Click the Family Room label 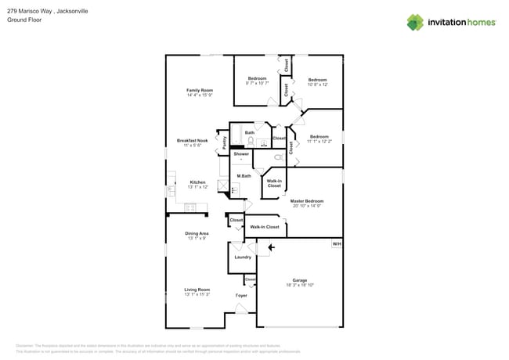pos(200,90)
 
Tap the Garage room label pos(300,280)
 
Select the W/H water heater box pos(336,244)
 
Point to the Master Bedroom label pos(306,201)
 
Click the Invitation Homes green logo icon pos(415,22)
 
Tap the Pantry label pos(225,142)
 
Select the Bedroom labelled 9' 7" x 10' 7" pos(258,78)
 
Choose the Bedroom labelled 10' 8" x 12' pos(317,80)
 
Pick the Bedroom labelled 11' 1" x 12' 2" pos(318,137)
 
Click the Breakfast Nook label pos(193,141)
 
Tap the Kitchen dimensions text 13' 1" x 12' pos(197,188)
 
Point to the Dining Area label pos(197,233)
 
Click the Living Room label pos(197,290)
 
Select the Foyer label pos(241,296)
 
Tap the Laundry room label pos(243,257)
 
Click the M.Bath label pos(244,176)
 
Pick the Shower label pos(241,153)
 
